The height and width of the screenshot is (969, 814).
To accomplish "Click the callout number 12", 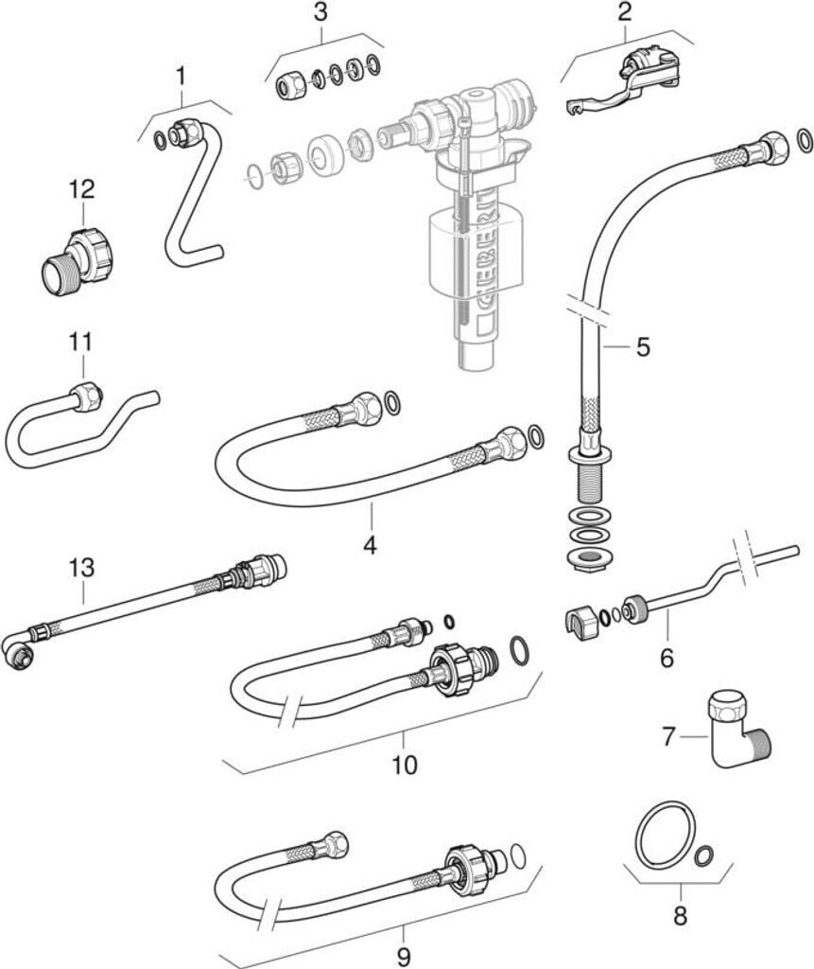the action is click(x=82, y=189).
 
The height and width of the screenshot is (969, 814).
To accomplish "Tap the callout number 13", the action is click(x=81, y=568).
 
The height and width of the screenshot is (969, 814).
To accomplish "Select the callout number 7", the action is click(x=667, y=736).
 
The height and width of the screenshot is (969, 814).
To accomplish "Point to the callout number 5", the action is click(x=643, y=347).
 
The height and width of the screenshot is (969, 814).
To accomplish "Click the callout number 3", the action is click(x=320, y=13).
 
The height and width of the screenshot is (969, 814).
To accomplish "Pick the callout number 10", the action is click(x=405, y=765).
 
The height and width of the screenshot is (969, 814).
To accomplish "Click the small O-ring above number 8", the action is click(x=703, y=855).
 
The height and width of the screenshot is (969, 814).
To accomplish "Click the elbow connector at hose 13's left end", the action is click(x=18, y=648).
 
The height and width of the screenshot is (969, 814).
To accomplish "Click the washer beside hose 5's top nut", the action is click(x=805, y=140).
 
